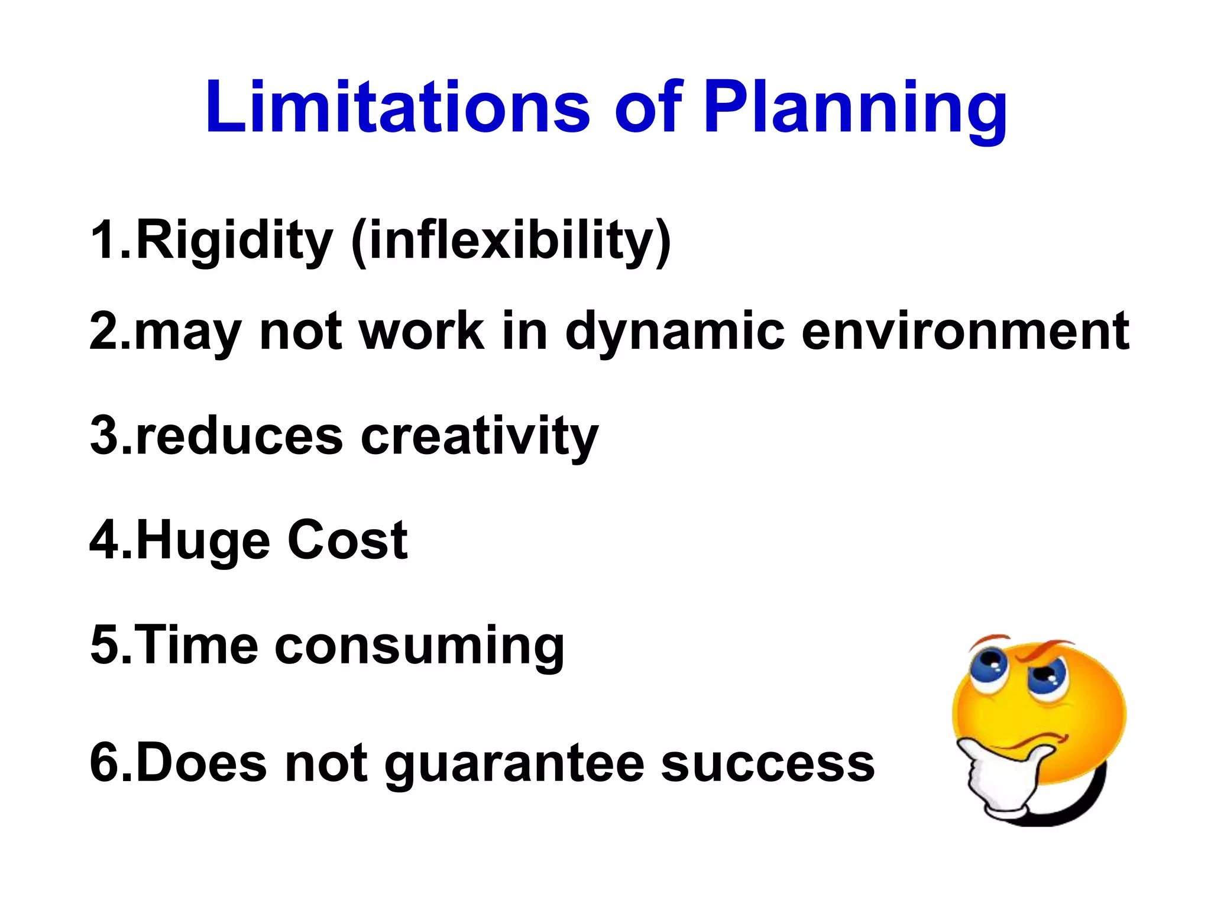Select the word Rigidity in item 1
pos(235,240)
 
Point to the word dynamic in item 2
pos(675,332)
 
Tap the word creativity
pos(480,438)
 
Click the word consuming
pos(419,647)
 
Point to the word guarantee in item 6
pos(514,765)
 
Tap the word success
pos(767,764)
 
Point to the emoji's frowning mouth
pos(1041,739)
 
